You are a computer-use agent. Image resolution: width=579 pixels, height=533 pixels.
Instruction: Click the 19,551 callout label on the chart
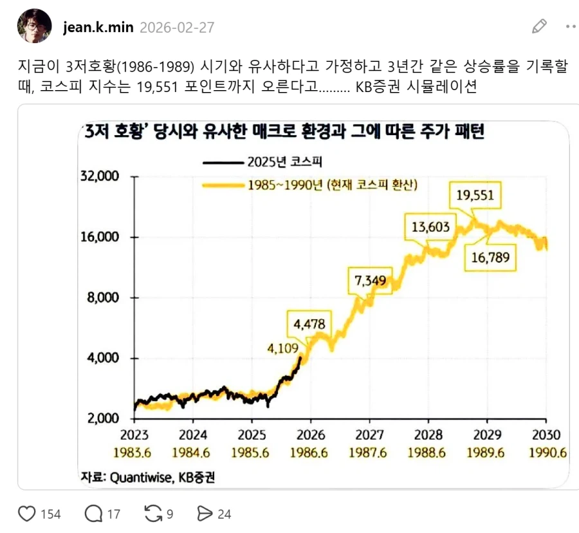[x=475, y=195]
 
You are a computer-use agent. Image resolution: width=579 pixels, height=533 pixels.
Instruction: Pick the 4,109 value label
[x=284, y=349]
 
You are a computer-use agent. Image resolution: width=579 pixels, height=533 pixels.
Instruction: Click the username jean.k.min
[x=98, y=27]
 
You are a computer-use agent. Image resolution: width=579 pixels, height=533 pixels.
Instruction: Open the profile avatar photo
[x=35, y=26]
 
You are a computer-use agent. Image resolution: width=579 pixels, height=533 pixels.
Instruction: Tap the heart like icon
[x=27, y=514]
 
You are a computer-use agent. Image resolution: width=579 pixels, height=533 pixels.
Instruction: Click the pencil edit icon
[x=539, y=26]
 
